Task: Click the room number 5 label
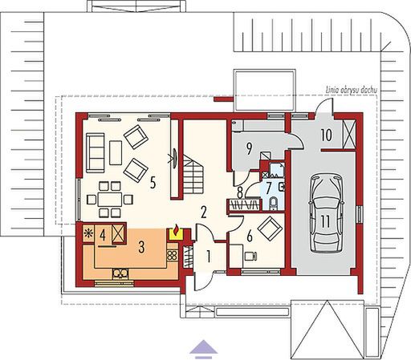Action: click(x=153, y=180)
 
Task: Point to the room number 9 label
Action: click(x=250, y=148)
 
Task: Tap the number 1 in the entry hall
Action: click(x=209, y=257)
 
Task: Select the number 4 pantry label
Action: click(x=104, y=237)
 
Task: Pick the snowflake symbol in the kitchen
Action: click(x=88, y=234)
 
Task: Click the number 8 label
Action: click(x=240, y=191)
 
